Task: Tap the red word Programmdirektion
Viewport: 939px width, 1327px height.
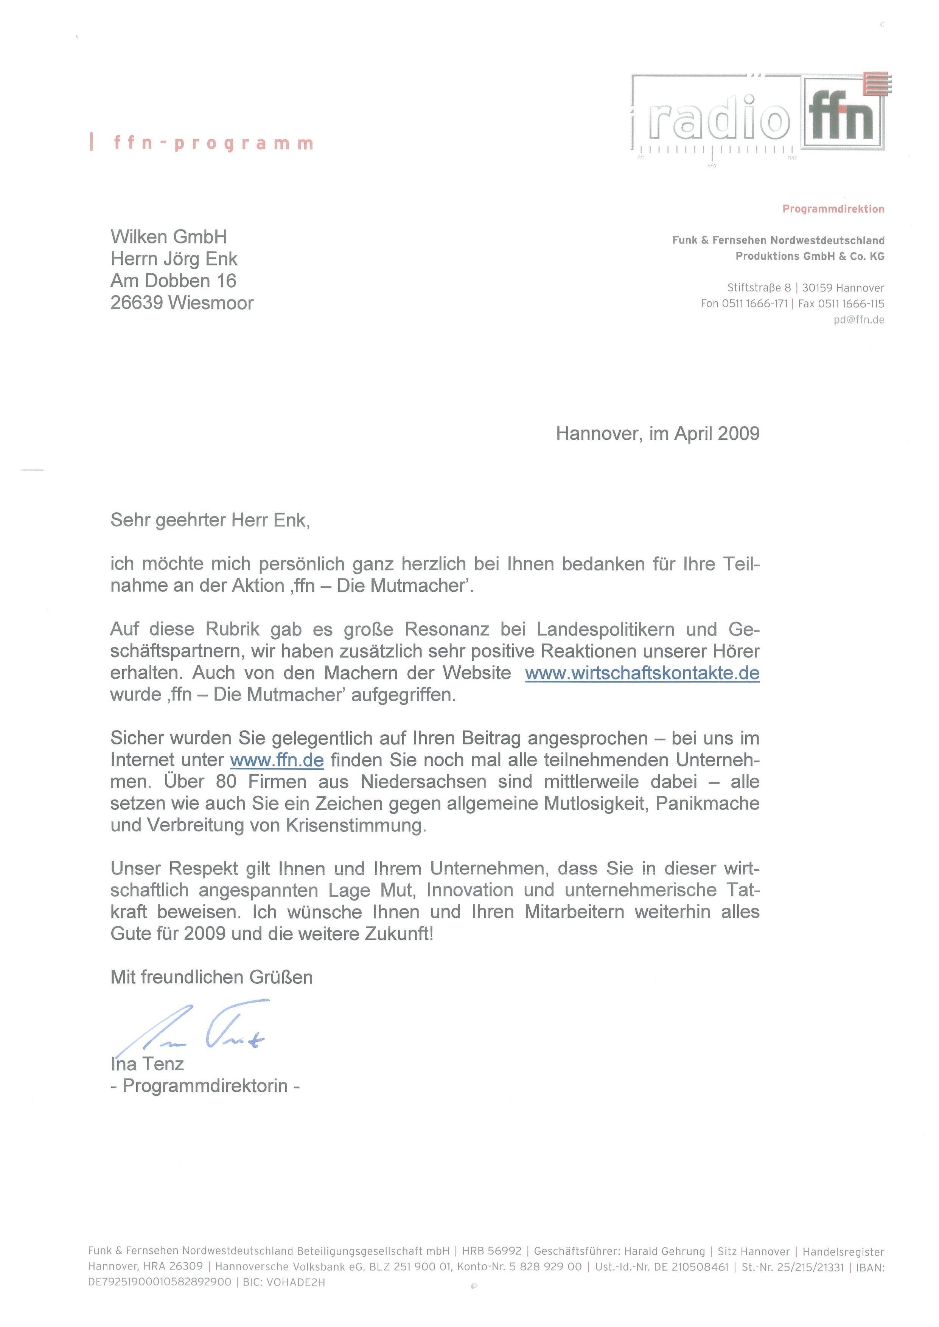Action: coord(833,209)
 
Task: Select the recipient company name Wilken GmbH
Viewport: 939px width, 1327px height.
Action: coord(169,236)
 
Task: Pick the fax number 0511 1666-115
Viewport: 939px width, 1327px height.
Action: coord(851,304)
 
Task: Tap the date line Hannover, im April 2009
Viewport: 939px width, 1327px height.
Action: coord(658,434)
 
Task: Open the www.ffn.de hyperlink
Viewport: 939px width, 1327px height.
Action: coord(277,760)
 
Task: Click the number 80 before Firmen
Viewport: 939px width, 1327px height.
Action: coord(226,782)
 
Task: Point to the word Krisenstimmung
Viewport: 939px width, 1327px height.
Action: coord(356,825)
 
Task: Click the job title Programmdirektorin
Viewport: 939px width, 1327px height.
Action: coord(205,1086)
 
